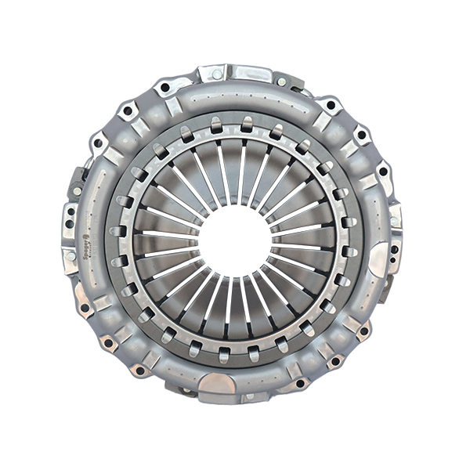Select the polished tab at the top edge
(x=234, y=73)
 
